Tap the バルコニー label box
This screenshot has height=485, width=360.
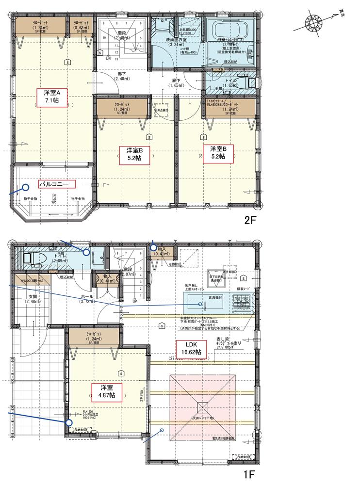pos(57,184)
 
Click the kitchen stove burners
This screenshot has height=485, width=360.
pos(241,303)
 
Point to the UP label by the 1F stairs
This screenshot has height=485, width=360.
pos(135,301)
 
